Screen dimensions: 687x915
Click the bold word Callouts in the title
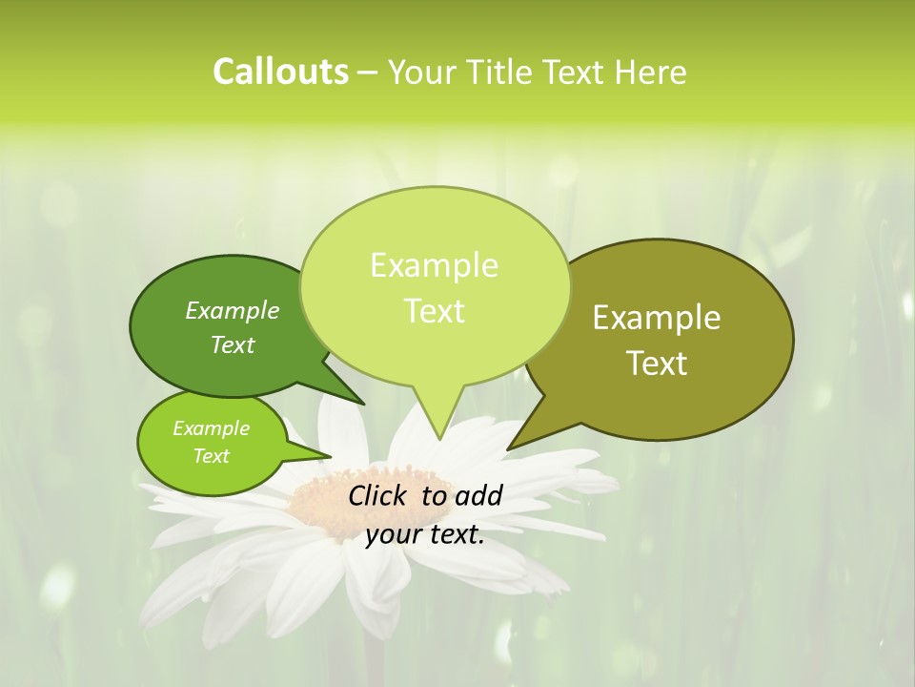280,72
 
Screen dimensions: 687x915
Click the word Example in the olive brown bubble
657,318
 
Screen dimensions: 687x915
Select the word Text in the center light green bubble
435,311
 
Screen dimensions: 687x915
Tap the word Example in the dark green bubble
233,310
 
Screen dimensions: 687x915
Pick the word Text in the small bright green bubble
211,456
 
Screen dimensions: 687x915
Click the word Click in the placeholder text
379,495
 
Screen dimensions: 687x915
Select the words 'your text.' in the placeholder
425,534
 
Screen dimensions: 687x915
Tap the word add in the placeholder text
478,495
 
